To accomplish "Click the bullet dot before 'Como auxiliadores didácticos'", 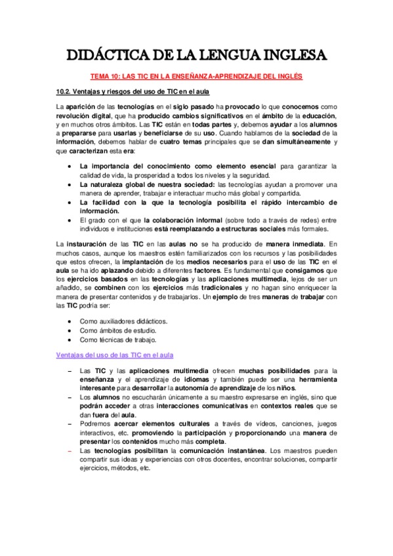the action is pos(70,321).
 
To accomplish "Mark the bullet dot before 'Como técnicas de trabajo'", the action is pos(70,340).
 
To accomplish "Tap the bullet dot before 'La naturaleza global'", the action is pos(70,185).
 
